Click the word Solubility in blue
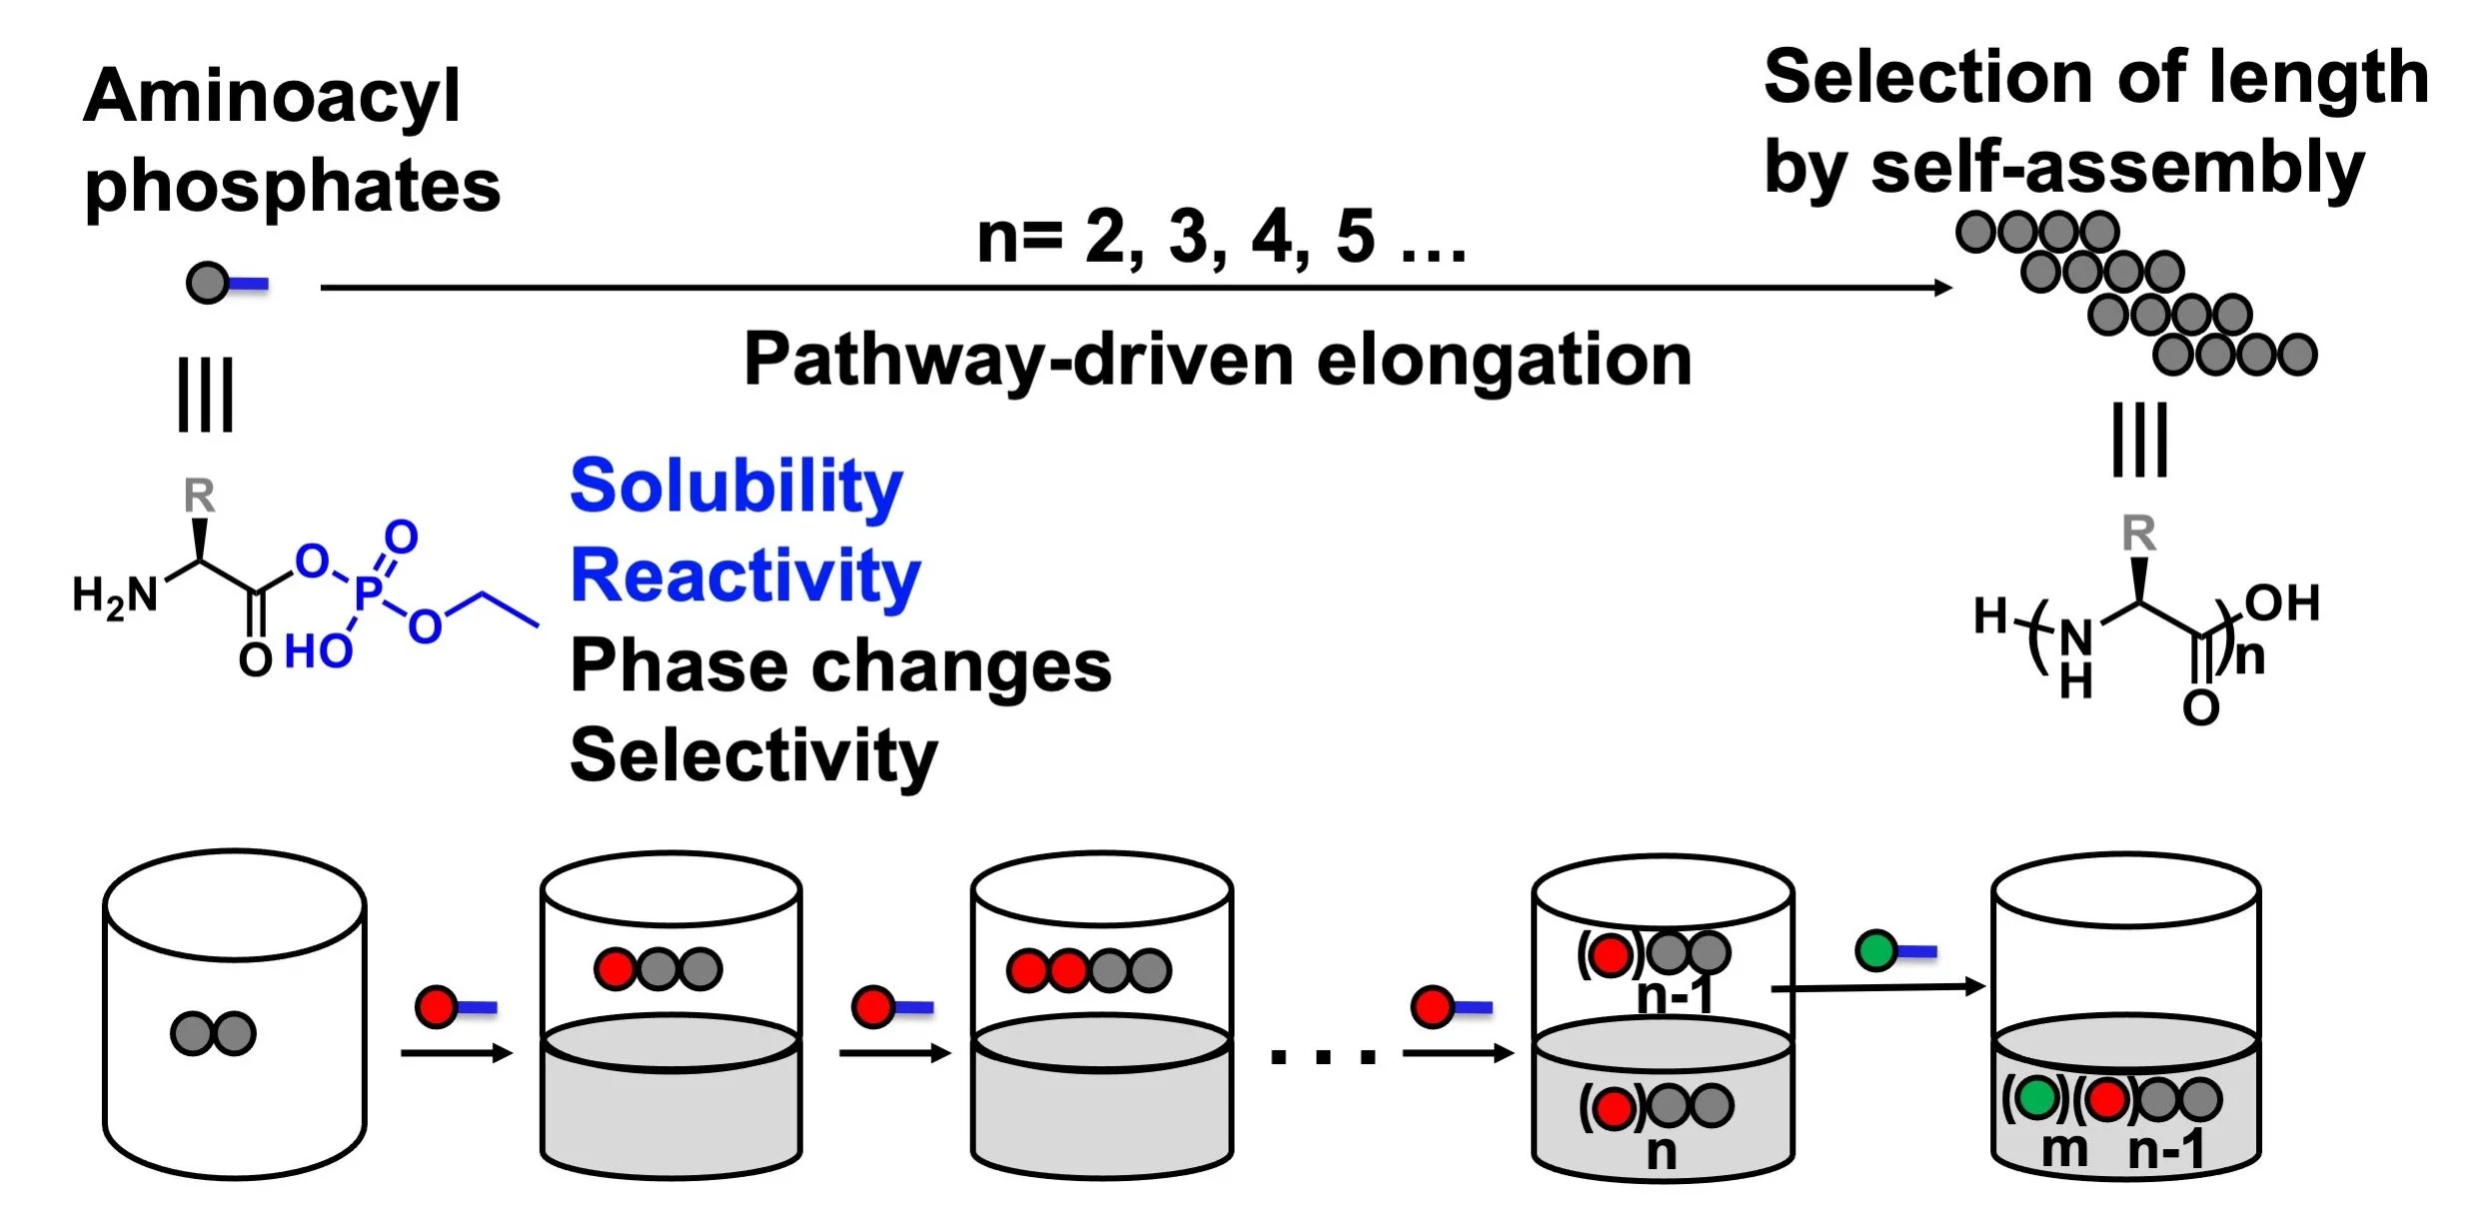[x=736, y=487]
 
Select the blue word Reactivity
[x=745, y=577]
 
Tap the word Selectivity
[x=753, y=756]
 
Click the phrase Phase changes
[x=840, y=666]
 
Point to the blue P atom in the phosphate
[x=367, y=592]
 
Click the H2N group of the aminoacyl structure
[x=115, y=597]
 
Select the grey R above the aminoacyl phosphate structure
[x=199, y=496]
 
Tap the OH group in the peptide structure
[x=2281, y=604]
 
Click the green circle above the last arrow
[x=1875, y=950]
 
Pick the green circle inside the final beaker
[x=2035, y=1097]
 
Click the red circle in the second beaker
[x=615, y=968]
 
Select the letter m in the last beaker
[x=2063, y=1150]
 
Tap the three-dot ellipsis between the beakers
[x=1322, y=1056]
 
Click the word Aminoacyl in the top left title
[x=272, y=97]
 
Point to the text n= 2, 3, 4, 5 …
[x=1221, y=237]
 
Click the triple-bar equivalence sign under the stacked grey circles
[x=2139, y=440]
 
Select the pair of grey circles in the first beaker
[x=213, y=1033]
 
